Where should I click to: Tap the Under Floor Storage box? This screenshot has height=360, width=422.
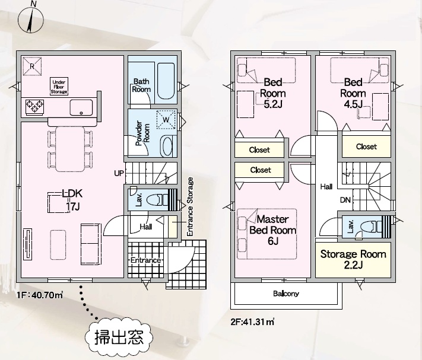pos(59,87)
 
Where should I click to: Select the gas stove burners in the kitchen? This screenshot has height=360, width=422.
pos(34,106)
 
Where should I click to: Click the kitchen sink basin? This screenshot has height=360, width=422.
pos(81,107)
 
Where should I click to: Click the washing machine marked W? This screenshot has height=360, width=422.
pos(166,119)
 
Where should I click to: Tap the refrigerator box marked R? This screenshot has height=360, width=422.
pos(32,66)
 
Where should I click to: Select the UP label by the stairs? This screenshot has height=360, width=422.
pos(119,173)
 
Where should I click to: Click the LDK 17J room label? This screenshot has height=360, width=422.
pos(72,200)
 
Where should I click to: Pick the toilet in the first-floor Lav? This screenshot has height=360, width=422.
pos(157,200)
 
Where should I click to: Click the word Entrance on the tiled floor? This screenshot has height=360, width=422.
pos(145,260)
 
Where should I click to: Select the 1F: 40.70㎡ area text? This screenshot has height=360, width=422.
pos(40,295)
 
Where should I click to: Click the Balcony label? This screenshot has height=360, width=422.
pos(286,294)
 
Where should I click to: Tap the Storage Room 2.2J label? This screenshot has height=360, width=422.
pos(353,259)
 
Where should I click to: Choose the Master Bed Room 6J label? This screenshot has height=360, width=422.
pos(272,230)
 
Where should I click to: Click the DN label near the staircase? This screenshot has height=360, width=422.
pos(345,200)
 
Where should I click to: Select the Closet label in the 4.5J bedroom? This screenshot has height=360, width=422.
pos(366,146)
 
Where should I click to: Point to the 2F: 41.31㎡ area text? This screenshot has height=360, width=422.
pos(252,322)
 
